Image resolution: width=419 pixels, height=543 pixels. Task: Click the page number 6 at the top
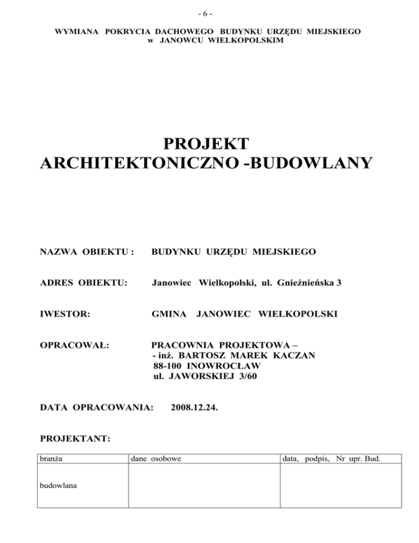pyautogui.click(x=209, y=12)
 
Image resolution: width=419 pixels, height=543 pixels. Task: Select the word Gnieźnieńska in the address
pyautogui.click(x=310, y=283)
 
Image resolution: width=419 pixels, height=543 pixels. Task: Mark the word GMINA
pyautogui.click(x=169, y=314)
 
